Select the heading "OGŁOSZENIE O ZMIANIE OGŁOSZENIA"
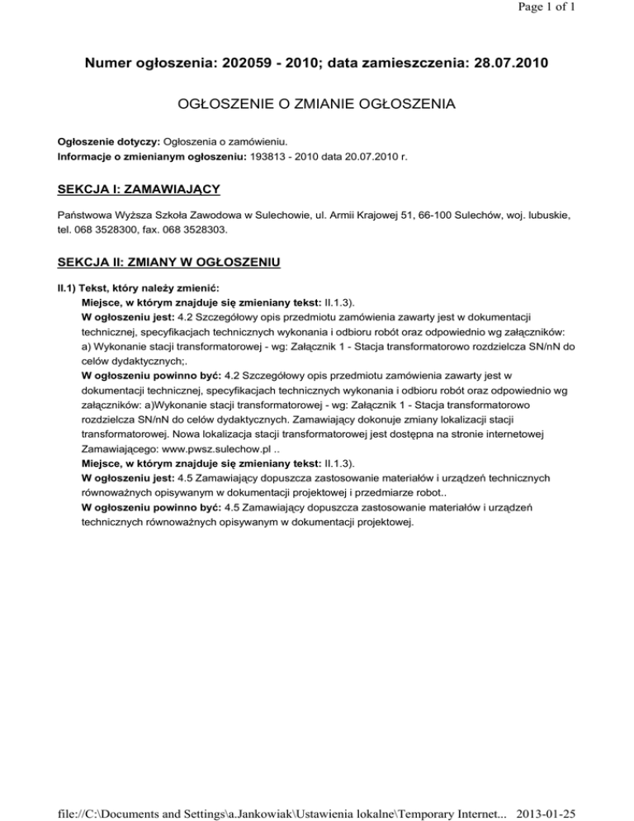point(316,105)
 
